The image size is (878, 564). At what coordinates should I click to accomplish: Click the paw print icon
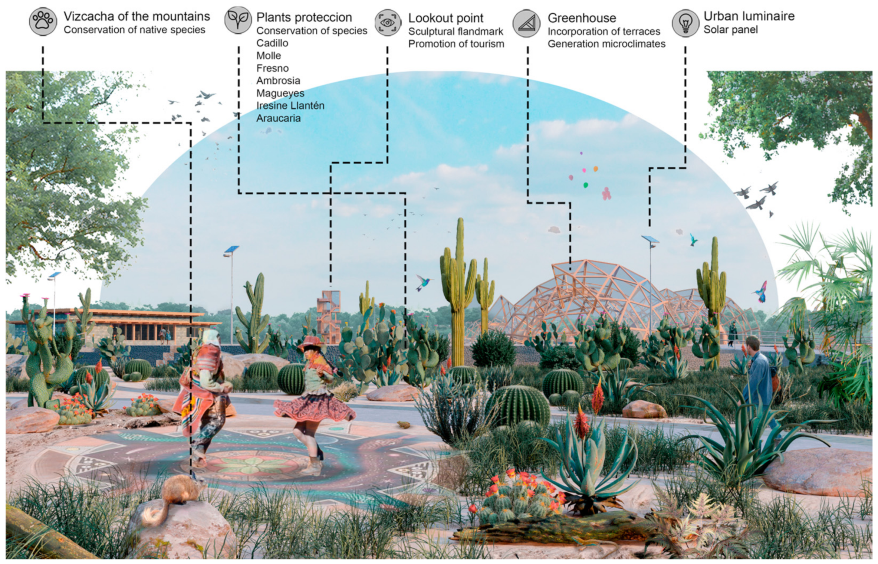tap(43, 22)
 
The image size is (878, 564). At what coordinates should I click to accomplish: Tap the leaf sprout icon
tap(238, 20)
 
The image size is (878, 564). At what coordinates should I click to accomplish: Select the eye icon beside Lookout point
tap(388, 23)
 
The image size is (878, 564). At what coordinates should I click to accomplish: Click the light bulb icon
tap(685, 23)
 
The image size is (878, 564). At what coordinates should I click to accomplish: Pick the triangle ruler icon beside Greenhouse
tap(526, 23)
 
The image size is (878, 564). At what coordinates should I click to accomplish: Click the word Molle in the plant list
tap(269, 56)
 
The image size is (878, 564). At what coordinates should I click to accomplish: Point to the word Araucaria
tap(278, 118)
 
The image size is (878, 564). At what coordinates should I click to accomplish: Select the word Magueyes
tap(280, 93)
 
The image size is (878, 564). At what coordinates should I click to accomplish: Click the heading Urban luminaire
tap(749, 16)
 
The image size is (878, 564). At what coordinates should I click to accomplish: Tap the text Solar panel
tap(730, 30)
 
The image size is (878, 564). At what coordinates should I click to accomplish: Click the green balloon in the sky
tap(585, 185)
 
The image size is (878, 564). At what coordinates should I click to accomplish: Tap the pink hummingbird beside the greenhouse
tap(762, 291)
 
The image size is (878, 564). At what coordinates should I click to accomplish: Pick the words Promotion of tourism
tap(456, 44)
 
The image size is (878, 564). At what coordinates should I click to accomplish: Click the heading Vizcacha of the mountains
tap(137, 16)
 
